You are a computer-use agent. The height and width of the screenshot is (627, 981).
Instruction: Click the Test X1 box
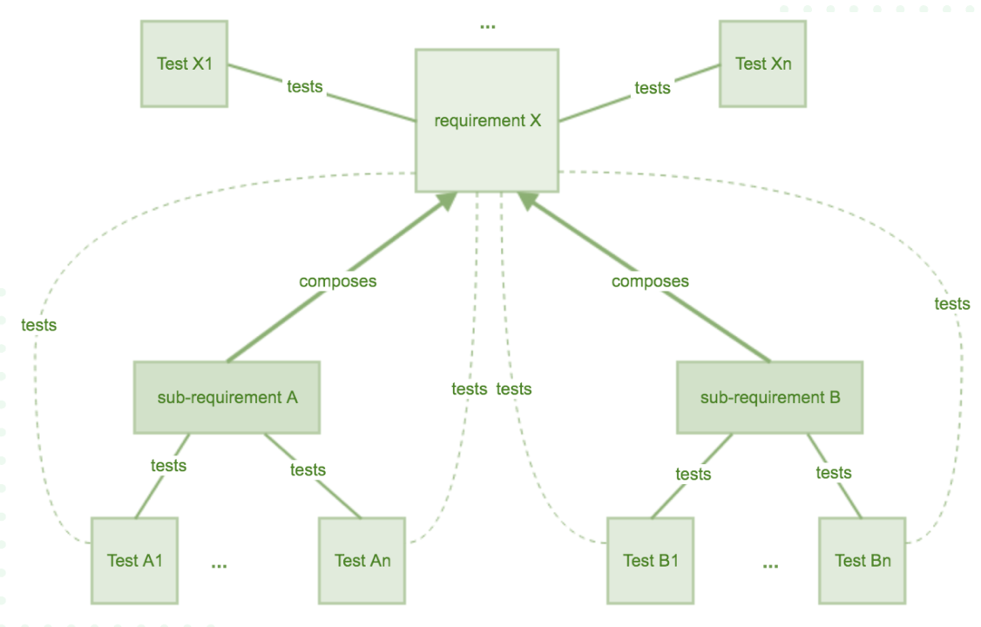[x=184, y=64]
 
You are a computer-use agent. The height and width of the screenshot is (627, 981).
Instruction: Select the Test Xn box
[x=762, y=64]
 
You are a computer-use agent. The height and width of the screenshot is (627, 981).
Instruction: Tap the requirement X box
[x=487, y=120]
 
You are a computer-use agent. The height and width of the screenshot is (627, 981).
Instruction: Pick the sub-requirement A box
[x=227, y=397]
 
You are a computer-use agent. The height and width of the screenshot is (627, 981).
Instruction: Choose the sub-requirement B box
[x=770, y=398]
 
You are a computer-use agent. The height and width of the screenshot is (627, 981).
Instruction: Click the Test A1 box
[x=134, y=560]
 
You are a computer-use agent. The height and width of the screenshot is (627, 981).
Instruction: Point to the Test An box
[x=362, y=560]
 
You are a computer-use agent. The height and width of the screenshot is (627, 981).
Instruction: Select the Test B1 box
[x=650, y=560]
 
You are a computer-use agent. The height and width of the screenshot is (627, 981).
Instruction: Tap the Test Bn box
[x=863, y=560]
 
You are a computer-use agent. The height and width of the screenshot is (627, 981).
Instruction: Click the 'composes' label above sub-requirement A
[x=337, y=281]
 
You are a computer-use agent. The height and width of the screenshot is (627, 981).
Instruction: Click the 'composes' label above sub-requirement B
[x=650, y=281]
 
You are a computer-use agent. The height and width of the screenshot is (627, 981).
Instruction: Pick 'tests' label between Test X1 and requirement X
[x=305, y=86]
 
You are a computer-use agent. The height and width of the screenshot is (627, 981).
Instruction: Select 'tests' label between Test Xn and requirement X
[x=653, y=87]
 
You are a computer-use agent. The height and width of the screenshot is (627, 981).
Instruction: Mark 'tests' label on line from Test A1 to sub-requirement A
[x=168, y=465]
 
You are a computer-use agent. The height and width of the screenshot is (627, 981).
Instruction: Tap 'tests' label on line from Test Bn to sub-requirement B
[x=834, y=472]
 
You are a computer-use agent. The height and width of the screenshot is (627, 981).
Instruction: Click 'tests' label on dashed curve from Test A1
[x=38, y=325]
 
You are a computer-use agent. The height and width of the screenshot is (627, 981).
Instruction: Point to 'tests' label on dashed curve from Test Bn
[x=951, y=304]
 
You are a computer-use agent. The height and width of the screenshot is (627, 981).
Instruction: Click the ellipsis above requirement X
[x=487, y=27]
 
